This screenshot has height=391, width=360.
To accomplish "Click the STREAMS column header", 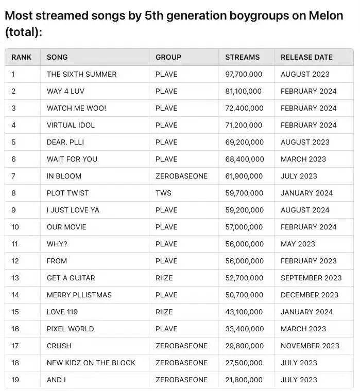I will coord(242,57).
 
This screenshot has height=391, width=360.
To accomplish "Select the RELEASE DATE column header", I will coord(306,57).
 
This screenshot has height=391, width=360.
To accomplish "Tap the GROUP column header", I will coord(168,57).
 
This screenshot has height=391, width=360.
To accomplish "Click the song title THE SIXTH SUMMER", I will coord(81,74).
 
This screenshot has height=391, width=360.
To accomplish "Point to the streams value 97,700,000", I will coord(244,74).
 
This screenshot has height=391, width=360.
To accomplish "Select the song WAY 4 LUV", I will coord(65,91).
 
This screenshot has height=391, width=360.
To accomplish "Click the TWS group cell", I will coord(163,193).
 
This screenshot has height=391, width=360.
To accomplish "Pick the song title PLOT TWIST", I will coord(67,193).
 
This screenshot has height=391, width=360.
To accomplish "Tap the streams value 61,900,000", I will coord(244,176).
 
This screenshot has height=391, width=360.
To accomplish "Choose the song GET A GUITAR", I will coord(71,278).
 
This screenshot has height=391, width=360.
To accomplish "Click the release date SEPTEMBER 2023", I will coord(311,278).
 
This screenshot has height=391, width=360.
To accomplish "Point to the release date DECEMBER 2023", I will coord(310,295).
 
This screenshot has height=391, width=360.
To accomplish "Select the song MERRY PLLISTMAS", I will coord(79,295).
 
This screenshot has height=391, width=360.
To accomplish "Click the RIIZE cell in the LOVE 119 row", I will coord(164,312).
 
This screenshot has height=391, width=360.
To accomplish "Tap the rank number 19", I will coord(15,380).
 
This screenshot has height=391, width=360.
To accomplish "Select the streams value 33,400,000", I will coord(244,329).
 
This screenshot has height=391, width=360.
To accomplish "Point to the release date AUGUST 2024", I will coord(305,210).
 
